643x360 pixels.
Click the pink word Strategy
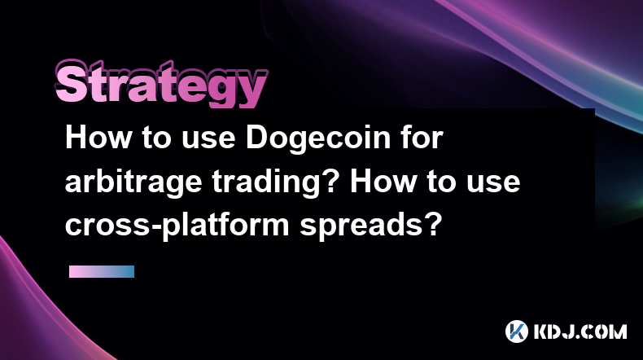pos(161,84)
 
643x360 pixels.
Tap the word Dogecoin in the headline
pos(318,139)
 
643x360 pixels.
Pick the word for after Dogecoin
pos(422,138)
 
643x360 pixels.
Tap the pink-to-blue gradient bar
pos(102,272)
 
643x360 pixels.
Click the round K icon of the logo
pos(517,331)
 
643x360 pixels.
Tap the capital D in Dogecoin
pos(256,138)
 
